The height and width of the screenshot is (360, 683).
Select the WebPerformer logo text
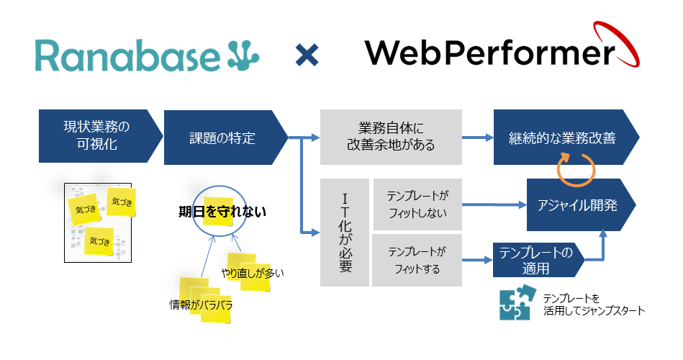click(489, 53)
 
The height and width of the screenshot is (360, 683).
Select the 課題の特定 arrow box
click(223, 138)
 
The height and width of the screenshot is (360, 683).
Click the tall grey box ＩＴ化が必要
click(344, 233)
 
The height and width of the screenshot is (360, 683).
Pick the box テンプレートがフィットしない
click(417, 204)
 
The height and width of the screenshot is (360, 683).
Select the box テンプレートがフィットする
click(417, 261)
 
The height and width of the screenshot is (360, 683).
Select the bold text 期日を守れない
click(222, 212)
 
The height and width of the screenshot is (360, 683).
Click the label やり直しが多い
click(253, 271)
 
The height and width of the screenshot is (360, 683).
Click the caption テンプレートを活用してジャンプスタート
click(594, 304)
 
